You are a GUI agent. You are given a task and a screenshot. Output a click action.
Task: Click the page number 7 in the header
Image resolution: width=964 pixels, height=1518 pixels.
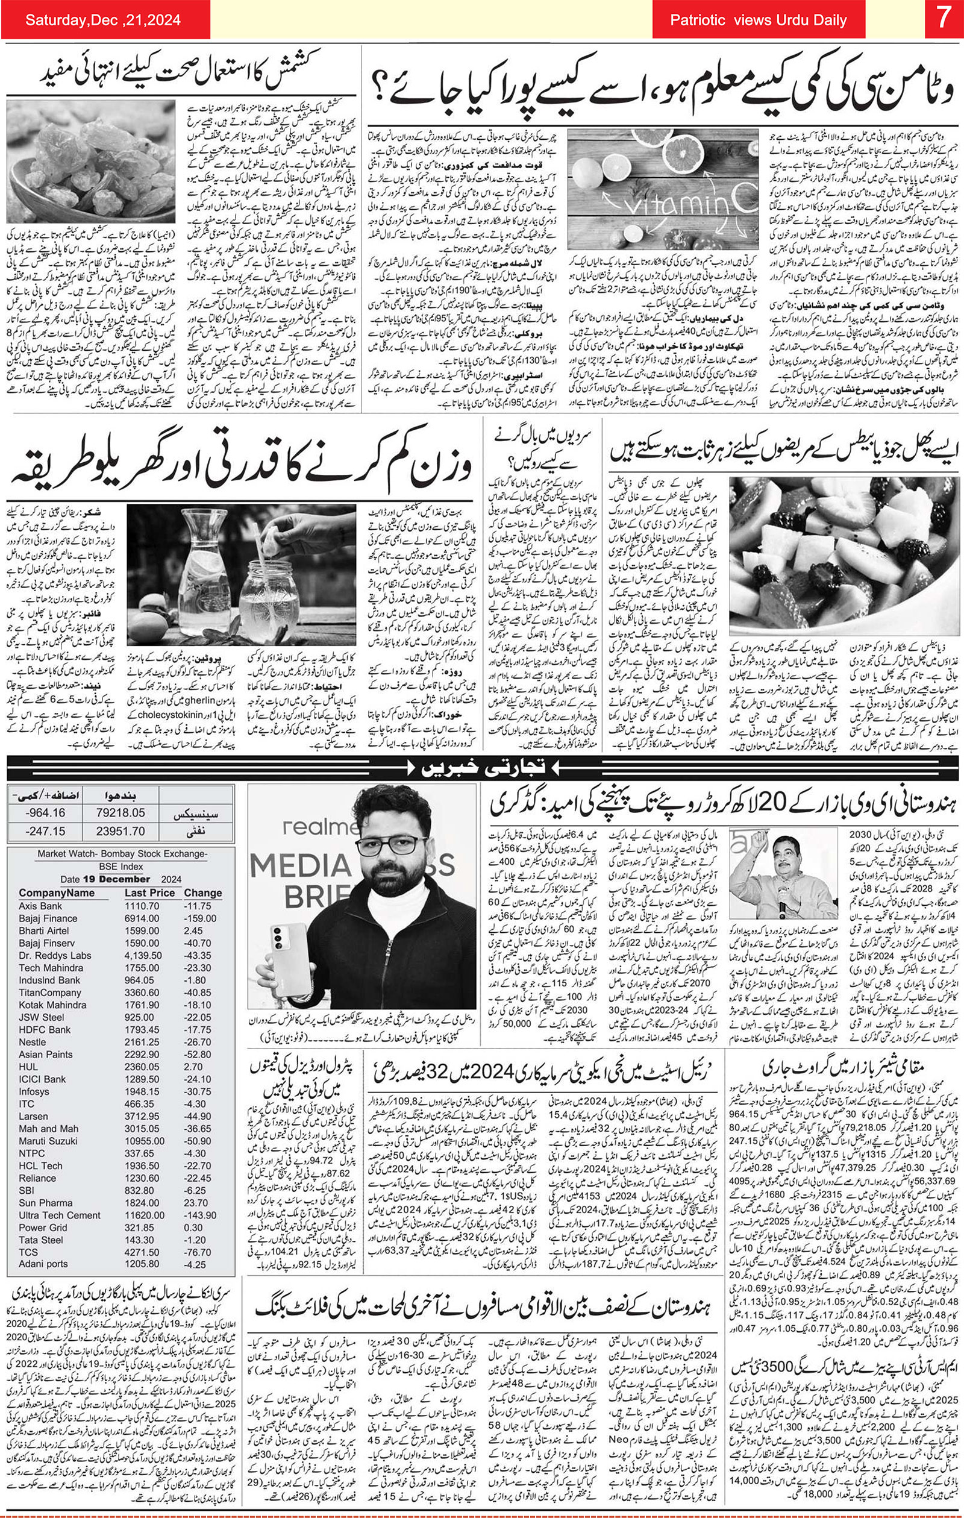pyautogui.click(x=942, y=19)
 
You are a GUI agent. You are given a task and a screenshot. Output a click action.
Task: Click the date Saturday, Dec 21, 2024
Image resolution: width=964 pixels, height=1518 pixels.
pyautogui.click(x=103, y=20)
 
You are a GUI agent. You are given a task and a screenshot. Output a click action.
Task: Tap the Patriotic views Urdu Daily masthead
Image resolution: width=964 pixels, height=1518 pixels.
pyautogui.click(x=758, y=20)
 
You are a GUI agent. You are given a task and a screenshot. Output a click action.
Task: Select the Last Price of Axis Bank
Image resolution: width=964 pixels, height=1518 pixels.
pyautogui.click(x=142, y=906)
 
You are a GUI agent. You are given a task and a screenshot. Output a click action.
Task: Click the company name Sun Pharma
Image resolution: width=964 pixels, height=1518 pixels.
pyautogui.click(x=45, y=1203)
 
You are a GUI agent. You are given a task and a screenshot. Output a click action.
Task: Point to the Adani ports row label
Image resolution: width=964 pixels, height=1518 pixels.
pyautogui.click(x=43, y=1264)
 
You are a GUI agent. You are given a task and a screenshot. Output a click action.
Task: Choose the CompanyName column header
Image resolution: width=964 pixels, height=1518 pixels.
pyautogui.click(x=56, y=892)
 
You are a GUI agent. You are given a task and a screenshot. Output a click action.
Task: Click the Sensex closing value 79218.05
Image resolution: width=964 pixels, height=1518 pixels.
pyautogui.click(x=120, y=813)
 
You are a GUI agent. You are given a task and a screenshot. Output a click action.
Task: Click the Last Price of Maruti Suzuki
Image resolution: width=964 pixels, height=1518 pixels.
pyautogui.click(x=145, y=1141)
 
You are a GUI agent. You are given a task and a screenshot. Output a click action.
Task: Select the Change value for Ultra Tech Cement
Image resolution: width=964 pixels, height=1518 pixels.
pyautogui.click(x=200, y=1215)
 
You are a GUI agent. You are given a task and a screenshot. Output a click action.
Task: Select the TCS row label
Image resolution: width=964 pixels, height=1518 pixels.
pyautogui.click(x=28, y=1252)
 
